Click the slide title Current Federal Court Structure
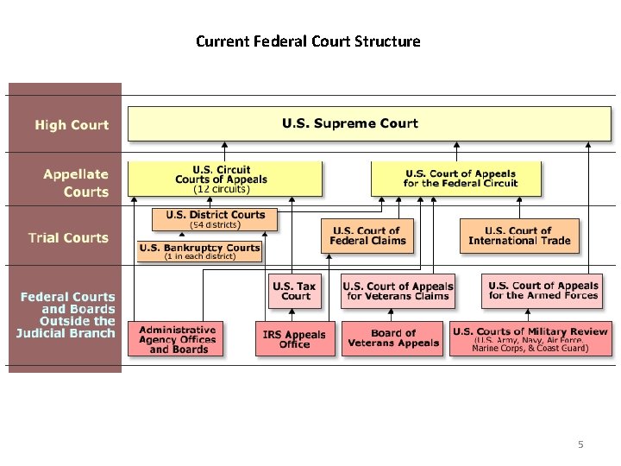pyautogui.click(x=308, y=41)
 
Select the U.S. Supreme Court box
pyautogui.click(x=368, y=124)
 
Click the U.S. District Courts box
pyautogui.click(x=215, y=218)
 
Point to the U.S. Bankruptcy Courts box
pyautogui.click(x=199, y=250)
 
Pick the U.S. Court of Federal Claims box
pyautogui.click(x=367, y=236)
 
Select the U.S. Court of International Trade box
pyautogui.click(x=518, y=236)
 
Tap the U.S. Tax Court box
pyautogui.click(x=295, y=290)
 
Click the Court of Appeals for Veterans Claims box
pyautogui.click(x=398, y=290)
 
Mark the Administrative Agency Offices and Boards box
pyautogui.click(x=176, y=339)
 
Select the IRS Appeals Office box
pyautogui.click(x=295, y=339)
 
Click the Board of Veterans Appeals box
pyautogui.click(x=392, y=339)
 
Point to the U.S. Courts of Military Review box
pyautogui.click(x=530, y=337)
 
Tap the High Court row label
pyautogui.click(x=72, y=125)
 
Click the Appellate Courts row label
pyautogui.click(x=76, y=183)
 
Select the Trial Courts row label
pyautogui.click(x=68, y=237)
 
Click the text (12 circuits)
pyautogui.click(x=222, y=188)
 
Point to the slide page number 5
pyautogui.click(x=580, y=444)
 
